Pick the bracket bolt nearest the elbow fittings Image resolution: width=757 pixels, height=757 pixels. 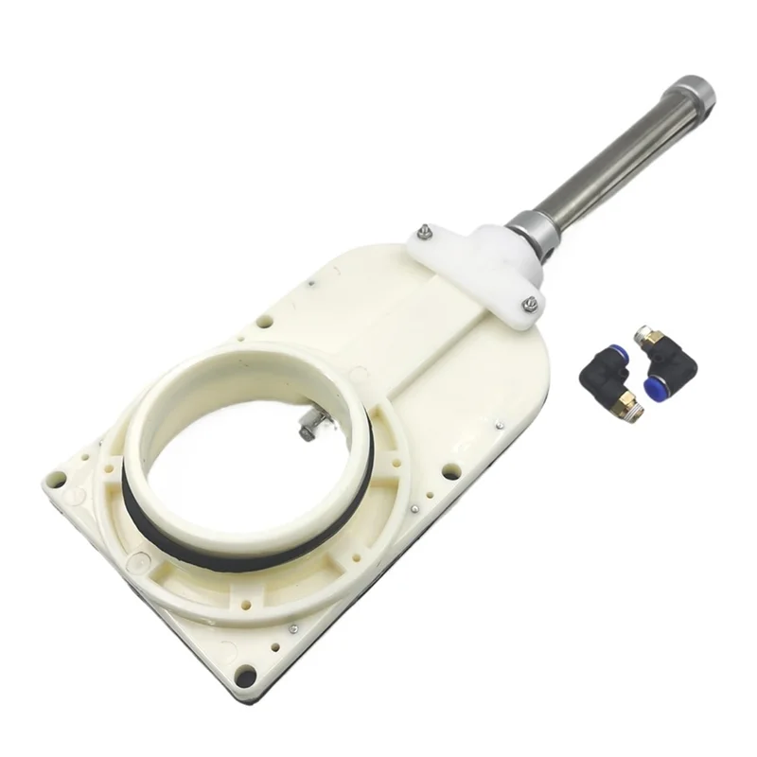tap(530, 303)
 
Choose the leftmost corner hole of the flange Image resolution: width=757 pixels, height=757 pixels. tap(58, 479)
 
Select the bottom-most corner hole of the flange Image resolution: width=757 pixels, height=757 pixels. tap(245, 676)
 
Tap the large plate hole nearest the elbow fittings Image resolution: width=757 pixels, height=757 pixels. tap(451, 470)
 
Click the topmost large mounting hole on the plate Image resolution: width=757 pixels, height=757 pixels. tap(265, 322)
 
